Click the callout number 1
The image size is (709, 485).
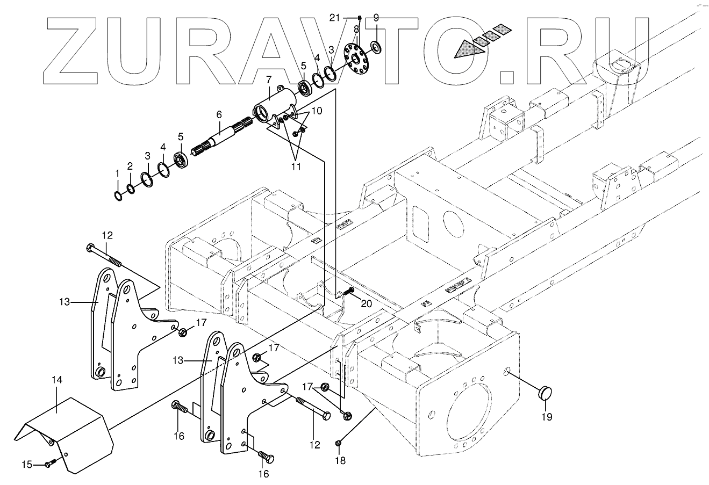pyautogui.click(x=118, y=173)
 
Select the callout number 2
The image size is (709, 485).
pyautogui.click(x=130, y=167)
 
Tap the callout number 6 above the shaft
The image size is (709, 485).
pyautogui.click(x=219, y=114)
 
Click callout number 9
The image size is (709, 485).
pyautogui.click(x=376, y=17)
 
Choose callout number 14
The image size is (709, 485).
pyautogui.click(x=57, y=380)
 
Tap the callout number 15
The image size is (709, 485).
pyautogui.click(x=26, y=464)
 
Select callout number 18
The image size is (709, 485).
pyautogui.click(x=340, y=460)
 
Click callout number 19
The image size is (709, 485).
pyautogui.click(x=547, y=416)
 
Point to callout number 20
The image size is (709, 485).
pyautogui.click(x=366, y=303)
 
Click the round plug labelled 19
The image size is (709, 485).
pyautogui.click(x=547, y=393)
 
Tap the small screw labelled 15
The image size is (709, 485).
pyautogui.click(x=49, y=462)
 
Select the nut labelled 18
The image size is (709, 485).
pyautogui.click(x=339, y=443)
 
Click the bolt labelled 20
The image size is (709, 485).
pyautogui.click(x=349, y=291)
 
